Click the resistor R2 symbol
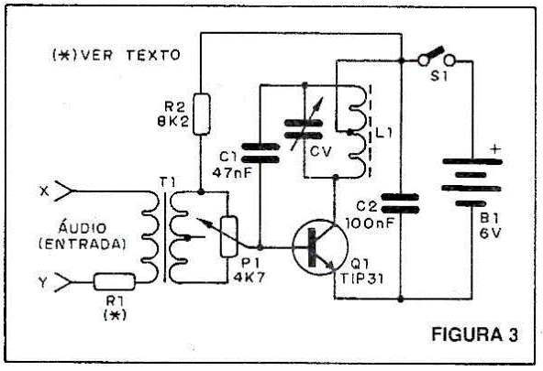point(202,114)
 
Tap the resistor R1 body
point(115,281)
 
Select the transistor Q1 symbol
point(319,247)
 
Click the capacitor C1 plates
point(260,153)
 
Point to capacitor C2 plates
point(400,203)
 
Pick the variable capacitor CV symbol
point(304,128)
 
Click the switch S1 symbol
point(437,58)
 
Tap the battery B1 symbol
point(471,182)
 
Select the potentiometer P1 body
point(229,236)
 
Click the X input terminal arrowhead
point(65,191)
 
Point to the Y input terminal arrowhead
point(63,282)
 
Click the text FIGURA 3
point(475,334)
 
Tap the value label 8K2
point(173,121)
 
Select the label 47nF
point(232,172)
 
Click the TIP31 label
point(362,278)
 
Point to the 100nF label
point(371,224)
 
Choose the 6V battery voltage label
point(490,234)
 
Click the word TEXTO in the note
point(153,55)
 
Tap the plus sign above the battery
point(496,149)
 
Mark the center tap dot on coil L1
point(349,132)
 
